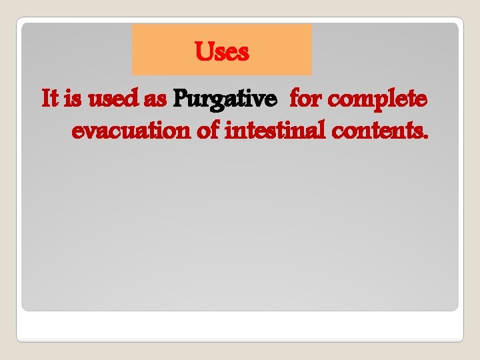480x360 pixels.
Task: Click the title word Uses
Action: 222,51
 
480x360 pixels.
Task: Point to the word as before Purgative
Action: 154,100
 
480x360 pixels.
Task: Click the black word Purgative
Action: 225,100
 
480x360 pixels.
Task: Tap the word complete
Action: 378,101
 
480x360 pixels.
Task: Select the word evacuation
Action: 131,131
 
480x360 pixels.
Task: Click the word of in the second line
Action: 209,131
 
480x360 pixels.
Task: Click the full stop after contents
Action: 425,137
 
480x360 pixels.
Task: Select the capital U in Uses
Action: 203,51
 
